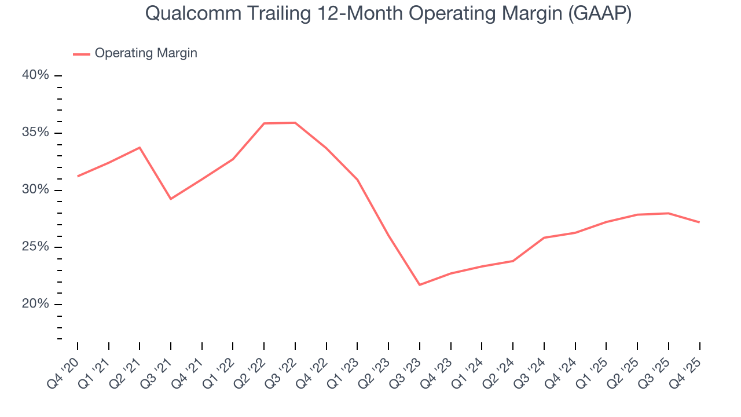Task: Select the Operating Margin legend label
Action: (146, 53)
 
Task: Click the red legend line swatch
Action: (82, 54)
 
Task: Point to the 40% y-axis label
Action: (36, 76)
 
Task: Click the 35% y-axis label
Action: (36, 133)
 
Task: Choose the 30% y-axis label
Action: (36, 190)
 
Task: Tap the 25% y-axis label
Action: (36, 247)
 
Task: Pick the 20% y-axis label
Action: (36, 304)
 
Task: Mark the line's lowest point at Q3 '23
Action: (419, 284)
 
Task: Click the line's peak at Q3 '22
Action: (295, 123)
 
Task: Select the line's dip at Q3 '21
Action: (171, 199)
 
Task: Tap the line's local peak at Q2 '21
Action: (140, 148)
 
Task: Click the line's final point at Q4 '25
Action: (699, 222)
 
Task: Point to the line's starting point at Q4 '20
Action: (78, 176)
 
